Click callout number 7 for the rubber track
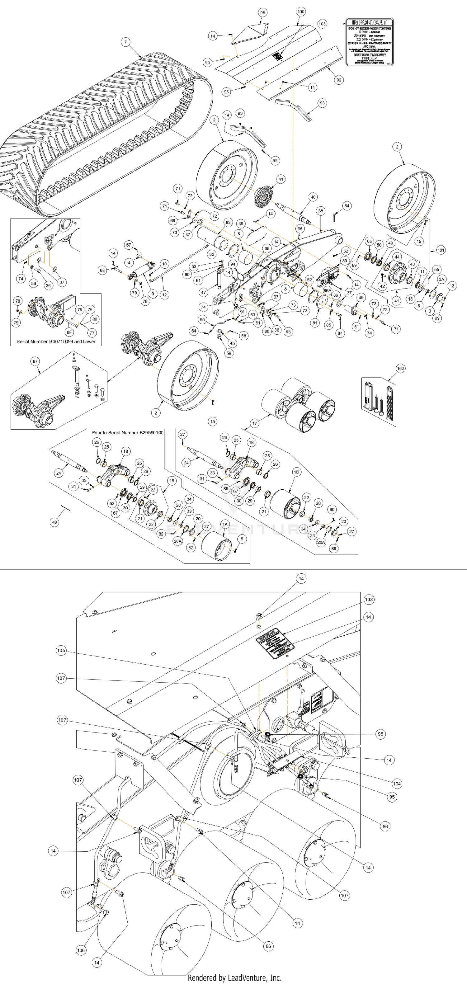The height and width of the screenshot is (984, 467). (125, 42)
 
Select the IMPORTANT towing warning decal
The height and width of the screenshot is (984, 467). (369, 42)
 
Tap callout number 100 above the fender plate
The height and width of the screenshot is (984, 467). (301, 12)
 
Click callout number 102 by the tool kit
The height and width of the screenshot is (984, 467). (400, 369)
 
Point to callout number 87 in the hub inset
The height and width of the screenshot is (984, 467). (35, 361)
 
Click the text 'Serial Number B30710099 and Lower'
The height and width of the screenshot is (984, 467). (56, 341)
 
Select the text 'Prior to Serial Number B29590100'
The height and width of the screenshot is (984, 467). (127, 432)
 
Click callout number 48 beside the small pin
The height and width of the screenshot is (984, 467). (55, 522)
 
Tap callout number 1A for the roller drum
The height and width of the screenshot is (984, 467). (225, 525)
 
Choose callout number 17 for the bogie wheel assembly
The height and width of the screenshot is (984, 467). (255, 423)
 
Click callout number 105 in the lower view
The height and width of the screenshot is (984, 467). (61, 651)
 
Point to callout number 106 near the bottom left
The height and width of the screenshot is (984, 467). (81, 950)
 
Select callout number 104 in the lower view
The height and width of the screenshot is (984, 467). (397, 784)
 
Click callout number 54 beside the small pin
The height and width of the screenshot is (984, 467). (347, 206)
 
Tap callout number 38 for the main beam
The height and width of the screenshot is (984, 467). (321, 211)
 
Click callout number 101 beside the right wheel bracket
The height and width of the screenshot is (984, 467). (441, 250)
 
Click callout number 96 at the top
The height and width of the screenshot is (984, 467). (262, 12)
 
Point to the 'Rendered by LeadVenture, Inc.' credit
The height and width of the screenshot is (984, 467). (234, 977)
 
